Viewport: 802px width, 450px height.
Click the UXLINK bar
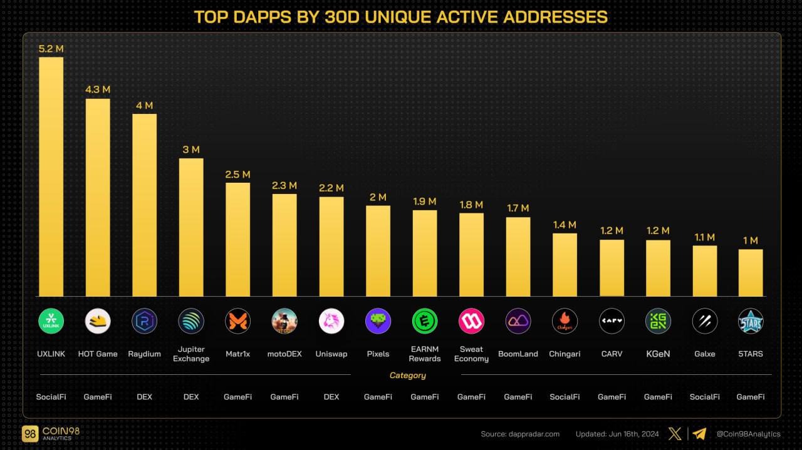pos(51,176)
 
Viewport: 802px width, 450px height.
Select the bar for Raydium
pos(144,205)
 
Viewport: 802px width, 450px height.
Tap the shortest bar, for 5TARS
pos(751,273)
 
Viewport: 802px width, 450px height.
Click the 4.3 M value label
pos(98,89)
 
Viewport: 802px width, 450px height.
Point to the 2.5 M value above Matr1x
pos(237,174)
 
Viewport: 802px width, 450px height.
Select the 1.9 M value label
pos(425,202)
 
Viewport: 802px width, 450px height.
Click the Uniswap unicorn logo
pos(331,321)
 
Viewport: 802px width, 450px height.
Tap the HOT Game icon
pos(98,321)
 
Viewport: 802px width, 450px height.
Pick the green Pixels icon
pos(378,321)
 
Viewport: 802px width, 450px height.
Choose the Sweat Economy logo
pos(471,321)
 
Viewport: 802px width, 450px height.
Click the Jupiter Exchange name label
pos(191,354)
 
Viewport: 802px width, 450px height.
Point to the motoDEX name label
pos(284,354)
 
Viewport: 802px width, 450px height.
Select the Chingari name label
pos(565,354)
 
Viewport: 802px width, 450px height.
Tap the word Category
pos(407,376)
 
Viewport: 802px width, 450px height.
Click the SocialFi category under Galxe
pos(704,397)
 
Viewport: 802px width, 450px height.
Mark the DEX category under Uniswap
pos(331,397)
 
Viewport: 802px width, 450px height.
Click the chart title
pos(401,17)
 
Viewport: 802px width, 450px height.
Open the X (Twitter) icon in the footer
pos(675,434)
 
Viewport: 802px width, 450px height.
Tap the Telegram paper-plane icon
pos(699,434)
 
